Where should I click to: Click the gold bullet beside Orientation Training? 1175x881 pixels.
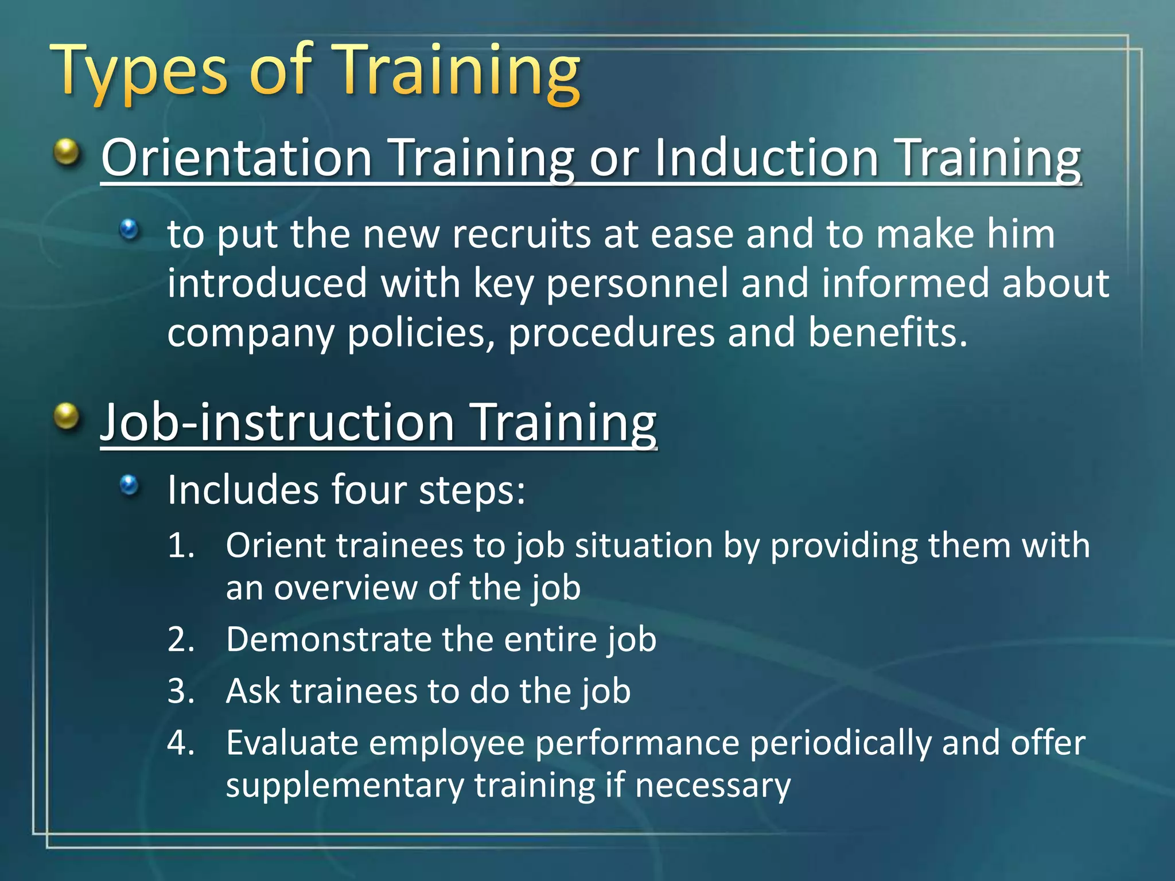click(x=67, y=153)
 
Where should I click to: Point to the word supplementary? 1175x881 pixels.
click(x=344, y=786)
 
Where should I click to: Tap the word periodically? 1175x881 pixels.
click(x=840, y=743)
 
